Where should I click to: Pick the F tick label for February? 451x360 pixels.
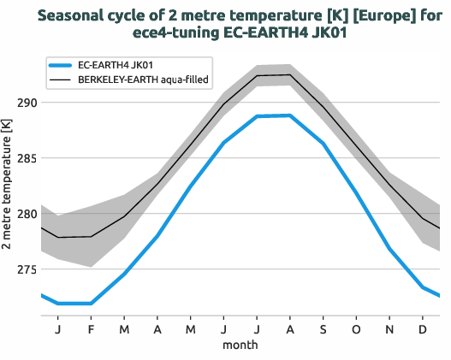91,329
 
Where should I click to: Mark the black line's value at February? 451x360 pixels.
91,236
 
